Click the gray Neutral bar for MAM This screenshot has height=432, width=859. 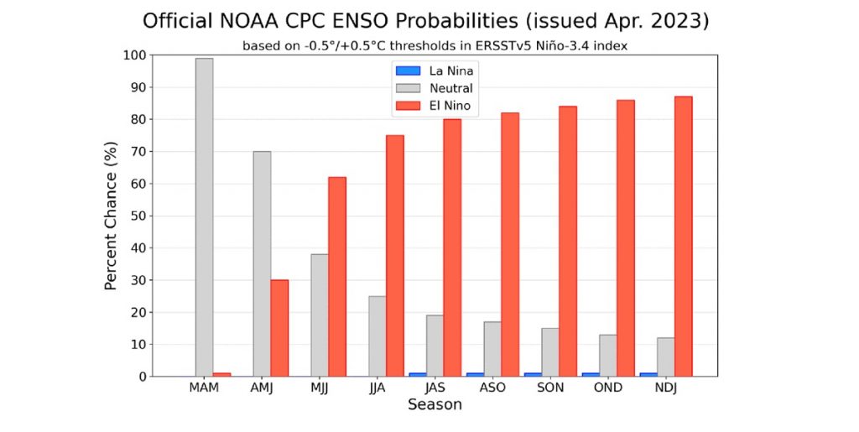[204, 217]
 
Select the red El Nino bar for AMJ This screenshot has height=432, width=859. [279, 328]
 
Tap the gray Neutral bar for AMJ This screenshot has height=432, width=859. [262, 263]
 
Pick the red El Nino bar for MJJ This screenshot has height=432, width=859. [337, 277]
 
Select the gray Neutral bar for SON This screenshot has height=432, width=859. [549, 352]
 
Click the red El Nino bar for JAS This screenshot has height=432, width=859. [452, 247]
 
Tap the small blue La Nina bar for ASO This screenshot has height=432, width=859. [475, 374]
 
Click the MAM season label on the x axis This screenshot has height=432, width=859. [204, 389]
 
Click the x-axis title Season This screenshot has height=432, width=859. [435, 405]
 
